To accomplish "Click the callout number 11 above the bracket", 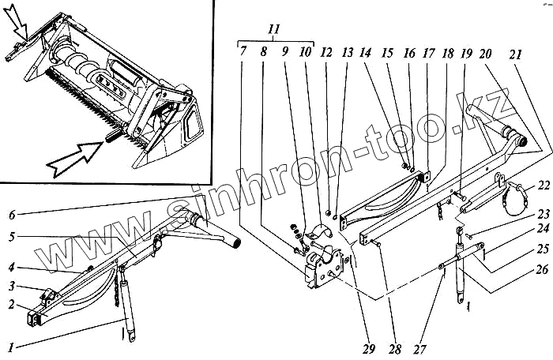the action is pyautogui.click(x=274, y=28).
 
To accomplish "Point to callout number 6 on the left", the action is pyautogui.click(x=12, y=214).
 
